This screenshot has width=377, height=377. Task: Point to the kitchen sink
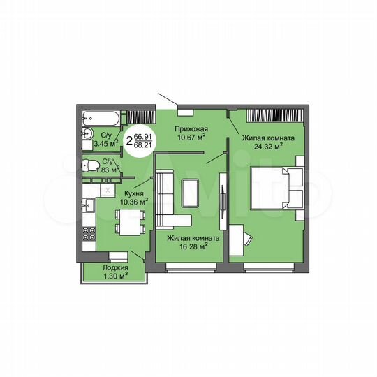pyautogui.click(x=88, y=206)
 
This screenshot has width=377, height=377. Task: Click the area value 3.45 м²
pyautogui.click(x=105, y=143)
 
